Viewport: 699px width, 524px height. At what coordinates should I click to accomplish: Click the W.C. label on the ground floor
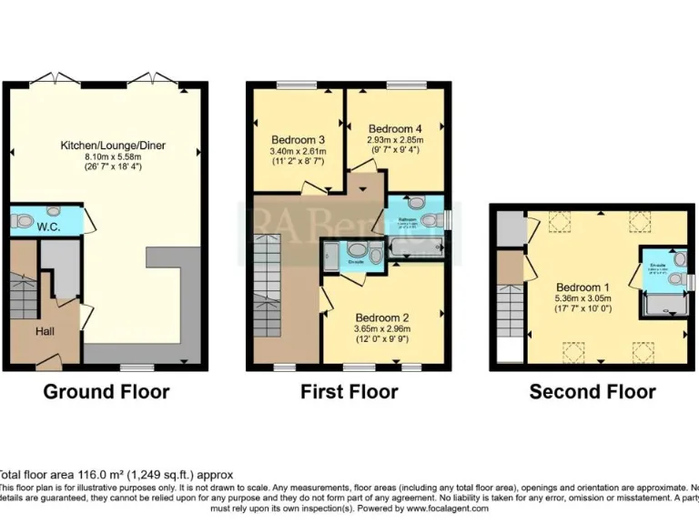point(49,226)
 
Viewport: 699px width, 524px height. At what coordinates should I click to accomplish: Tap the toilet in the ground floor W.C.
point(24,220)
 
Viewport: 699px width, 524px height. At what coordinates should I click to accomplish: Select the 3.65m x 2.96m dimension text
point(381,329)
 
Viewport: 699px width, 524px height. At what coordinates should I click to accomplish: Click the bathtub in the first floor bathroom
point(415,246)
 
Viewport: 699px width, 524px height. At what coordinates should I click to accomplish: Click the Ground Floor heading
point(106,392)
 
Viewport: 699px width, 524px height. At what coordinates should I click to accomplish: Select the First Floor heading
point(349,392)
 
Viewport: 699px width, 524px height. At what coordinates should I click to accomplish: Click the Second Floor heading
point(593,392)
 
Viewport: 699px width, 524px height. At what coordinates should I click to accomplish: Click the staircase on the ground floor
point(23,296)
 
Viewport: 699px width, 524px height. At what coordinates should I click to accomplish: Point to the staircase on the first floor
point(268,282)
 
